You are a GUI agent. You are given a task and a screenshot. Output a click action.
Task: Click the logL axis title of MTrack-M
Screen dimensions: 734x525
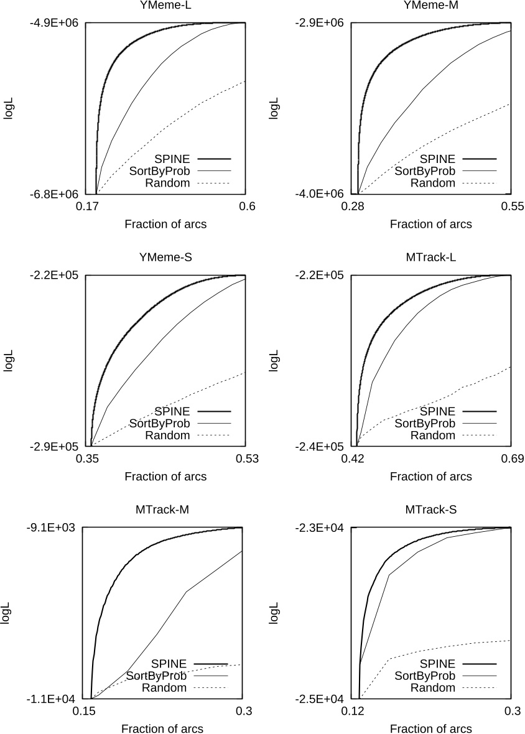(8, 613)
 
